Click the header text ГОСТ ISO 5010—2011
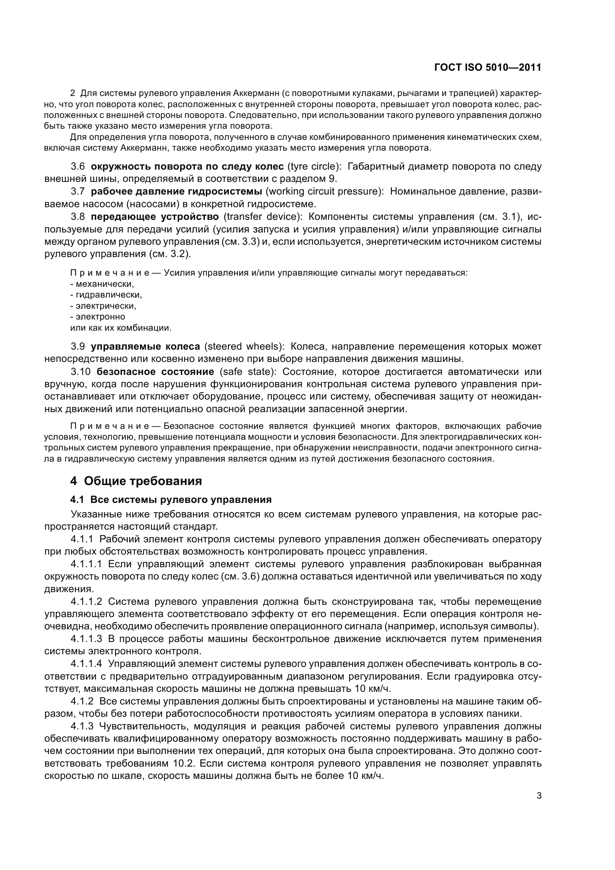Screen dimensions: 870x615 pyautogui.click(x=487, y=68)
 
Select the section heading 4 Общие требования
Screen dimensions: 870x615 pyautogui.click(x=136, y=481)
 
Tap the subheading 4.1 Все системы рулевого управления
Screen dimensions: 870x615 pyautogui.click(x=171, y=500)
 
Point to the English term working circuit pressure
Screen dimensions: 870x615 pyautogui.click(x=324, y=191)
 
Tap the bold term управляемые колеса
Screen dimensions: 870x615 pyautogui.click(x=145, y=346)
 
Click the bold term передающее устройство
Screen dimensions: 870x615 pyautogui.click(x=155, y=216)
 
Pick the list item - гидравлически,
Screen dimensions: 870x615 pyautogui.click(x=106, y=295)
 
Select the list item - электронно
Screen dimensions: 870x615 pyautogui.click(x=98, y=317)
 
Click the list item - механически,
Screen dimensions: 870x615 pyautogui.click(x=102, y=284)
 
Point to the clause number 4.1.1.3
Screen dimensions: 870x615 pyautogui.click(x=86, y=639)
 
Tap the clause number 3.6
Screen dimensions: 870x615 pyautogui.click(x=78, y=166)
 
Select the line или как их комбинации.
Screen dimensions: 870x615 pyautogui.click(x=121, y=328)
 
